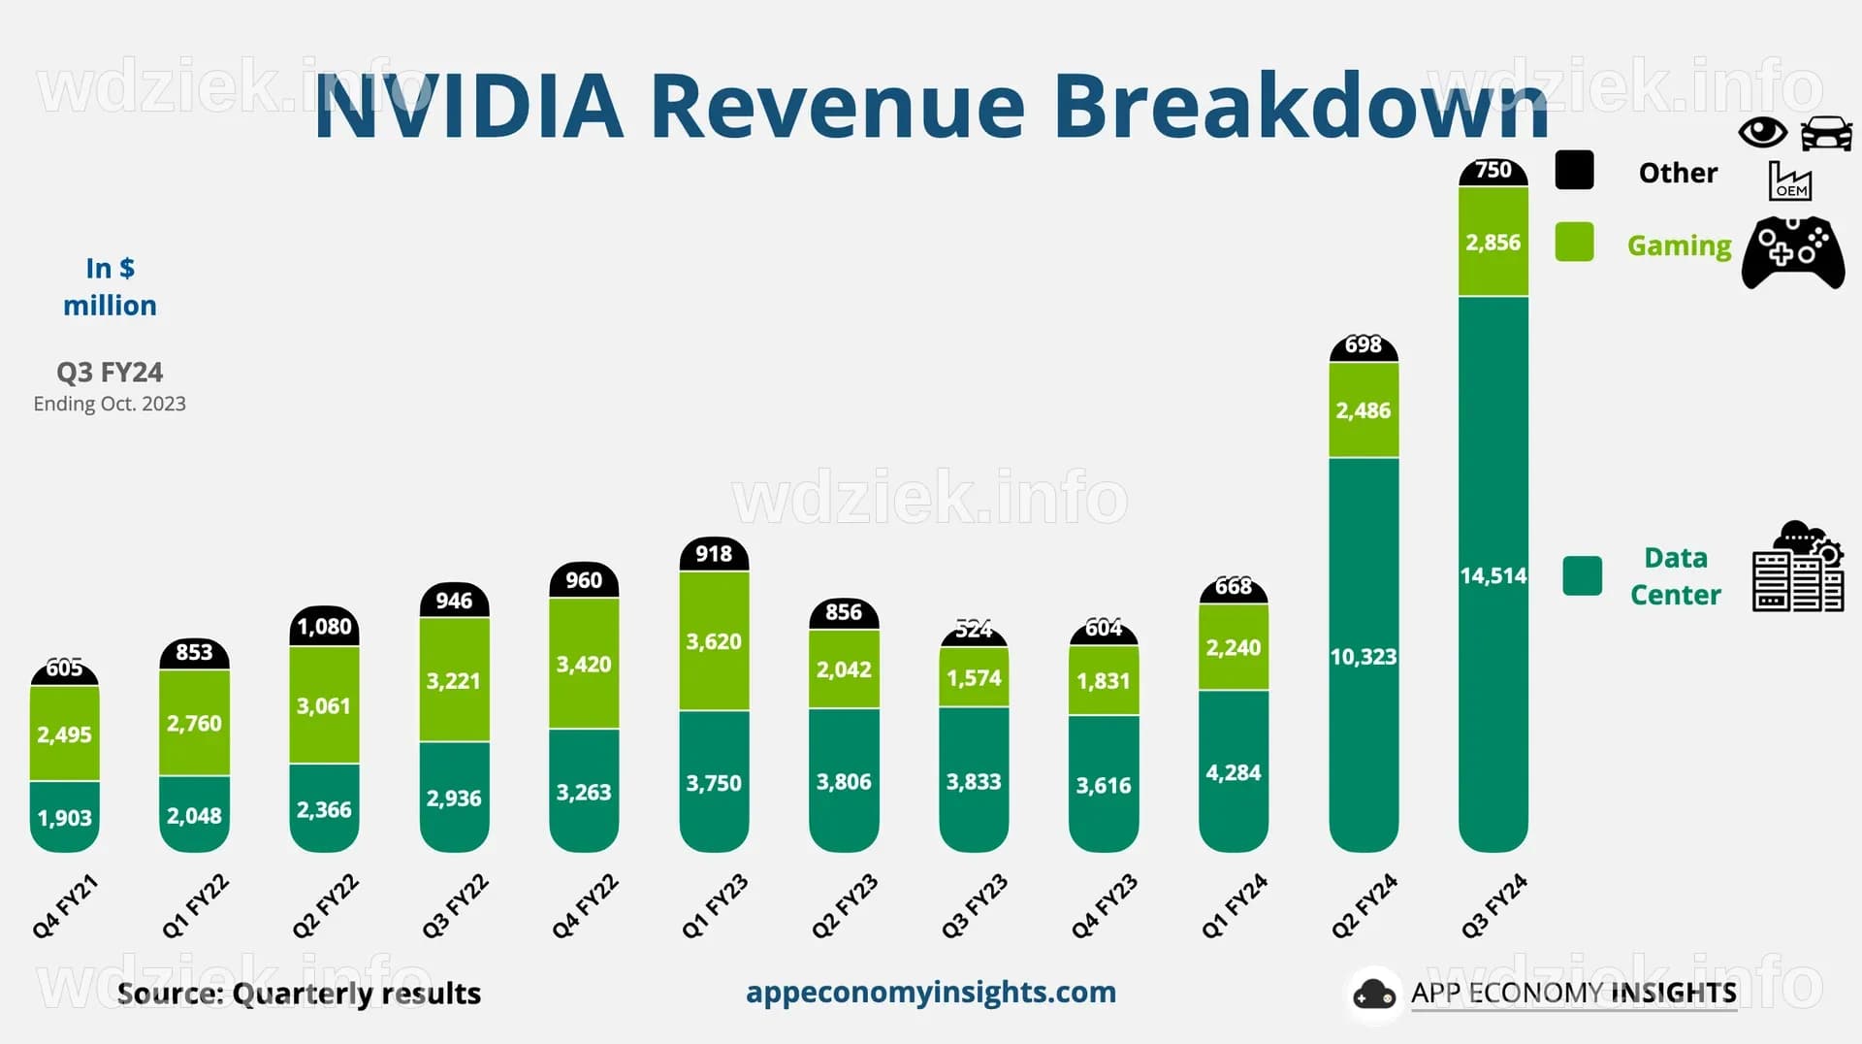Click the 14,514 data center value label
click(x=1493, y=575)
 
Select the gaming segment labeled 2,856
click(x=1493, y=242)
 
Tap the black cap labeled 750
click(x=1493, y=171)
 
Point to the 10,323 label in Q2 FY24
click(x=1363, y=657)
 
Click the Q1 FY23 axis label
click(x=715, y=906)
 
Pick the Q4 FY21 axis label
click(x=65, y=906)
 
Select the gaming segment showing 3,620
click(x=714, y=641)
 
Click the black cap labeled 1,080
click(x=324, y=627)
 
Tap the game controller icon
click(x=1792, y=252)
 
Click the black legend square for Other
click(x=1574, y=171)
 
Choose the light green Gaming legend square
click(x=1574, y=243)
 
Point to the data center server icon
click(x=1797, y=569)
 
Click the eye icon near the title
click(x=1762, y=132)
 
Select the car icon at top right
click(x=1826, y=134)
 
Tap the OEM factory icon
click(x=1789, y=181)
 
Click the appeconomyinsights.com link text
click(x=930, y=992)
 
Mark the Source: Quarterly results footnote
click(x=299, y=994)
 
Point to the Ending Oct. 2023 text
click(x=110, y=404)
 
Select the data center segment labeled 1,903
click(x=64, y=817)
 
